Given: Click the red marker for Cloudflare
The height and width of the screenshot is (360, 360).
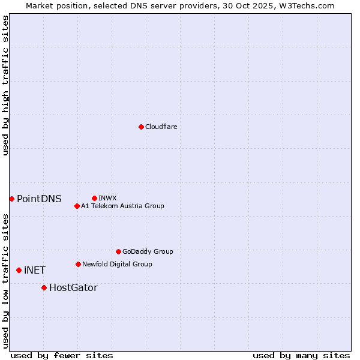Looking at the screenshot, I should tap(141, 127).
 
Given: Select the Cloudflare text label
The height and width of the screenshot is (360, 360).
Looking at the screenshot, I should tap(161, 127).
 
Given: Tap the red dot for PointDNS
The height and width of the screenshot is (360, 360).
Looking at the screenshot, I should tap(11, 199).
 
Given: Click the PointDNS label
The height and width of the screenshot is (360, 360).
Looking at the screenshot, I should tap(39, 199).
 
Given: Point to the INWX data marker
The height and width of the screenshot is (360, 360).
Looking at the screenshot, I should tap(94, 198).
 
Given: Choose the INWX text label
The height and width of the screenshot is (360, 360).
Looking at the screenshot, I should tap(108, 198).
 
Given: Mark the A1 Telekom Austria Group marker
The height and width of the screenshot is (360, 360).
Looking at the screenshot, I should tap(77, 206).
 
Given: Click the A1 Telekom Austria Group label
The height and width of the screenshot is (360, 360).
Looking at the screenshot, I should tap(123, 206).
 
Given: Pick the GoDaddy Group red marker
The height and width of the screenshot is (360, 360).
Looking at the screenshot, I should tap(118, 251).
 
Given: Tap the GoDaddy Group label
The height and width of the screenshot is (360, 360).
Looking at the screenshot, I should tap(148, 252).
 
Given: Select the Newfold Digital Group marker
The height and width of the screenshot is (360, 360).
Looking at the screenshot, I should tap(78, 264).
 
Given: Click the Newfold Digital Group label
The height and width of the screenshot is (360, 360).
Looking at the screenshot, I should tap(118, 265).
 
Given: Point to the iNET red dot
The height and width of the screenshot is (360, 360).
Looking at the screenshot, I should tap(19, 271).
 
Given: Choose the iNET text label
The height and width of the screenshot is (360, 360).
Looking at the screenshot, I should tap(35, 271).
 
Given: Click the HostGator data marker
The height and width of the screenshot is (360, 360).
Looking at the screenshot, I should tap(44, 288).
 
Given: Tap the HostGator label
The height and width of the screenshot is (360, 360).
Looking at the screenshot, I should tap(73, 288).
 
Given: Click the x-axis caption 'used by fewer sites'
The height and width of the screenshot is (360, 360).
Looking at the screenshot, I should tap(62, 356).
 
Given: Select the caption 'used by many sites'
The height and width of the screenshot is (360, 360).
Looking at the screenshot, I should tap(301, 356).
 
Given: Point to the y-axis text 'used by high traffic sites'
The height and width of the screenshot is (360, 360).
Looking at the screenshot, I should tap(5, 85).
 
